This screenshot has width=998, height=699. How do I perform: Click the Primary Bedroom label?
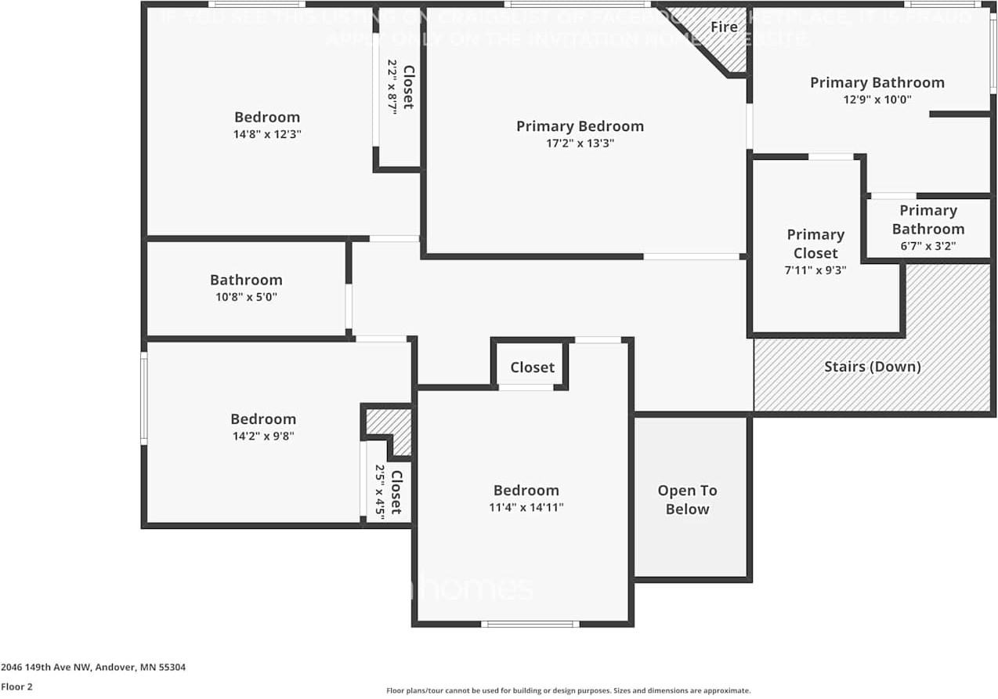(x=580, y=126)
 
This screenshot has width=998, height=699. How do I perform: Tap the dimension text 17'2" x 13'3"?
(x=580, y=143)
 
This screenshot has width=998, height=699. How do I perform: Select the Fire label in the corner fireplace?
(x=723, y=27)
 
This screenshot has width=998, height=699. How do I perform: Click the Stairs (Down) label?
(x=872, y=367)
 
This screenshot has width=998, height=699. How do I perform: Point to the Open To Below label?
(x=687, y=499)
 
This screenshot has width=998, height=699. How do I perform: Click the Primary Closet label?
(x=815, y=244)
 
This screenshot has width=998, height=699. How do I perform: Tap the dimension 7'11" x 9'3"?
(x=815, y=270)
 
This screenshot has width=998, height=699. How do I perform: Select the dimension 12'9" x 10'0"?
(x=877, y=100)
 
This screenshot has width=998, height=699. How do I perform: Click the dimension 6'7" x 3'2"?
(x=928, y=246)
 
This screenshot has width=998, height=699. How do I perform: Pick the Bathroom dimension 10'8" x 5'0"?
(x=246, y=297)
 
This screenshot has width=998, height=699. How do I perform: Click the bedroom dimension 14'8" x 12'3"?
(x=267, y=134)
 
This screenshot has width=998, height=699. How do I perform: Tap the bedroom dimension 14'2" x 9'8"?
(x=263, y=436)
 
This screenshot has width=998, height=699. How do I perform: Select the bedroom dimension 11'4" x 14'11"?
(x=526, y=507)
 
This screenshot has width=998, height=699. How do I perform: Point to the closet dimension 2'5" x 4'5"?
(x=380, y=491)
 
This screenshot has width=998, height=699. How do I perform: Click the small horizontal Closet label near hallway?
(x=532, y=368)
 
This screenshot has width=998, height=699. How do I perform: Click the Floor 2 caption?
(x=16, y=686)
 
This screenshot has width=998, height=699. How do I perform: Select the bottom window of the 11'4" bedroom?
(x=530, y=624)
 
